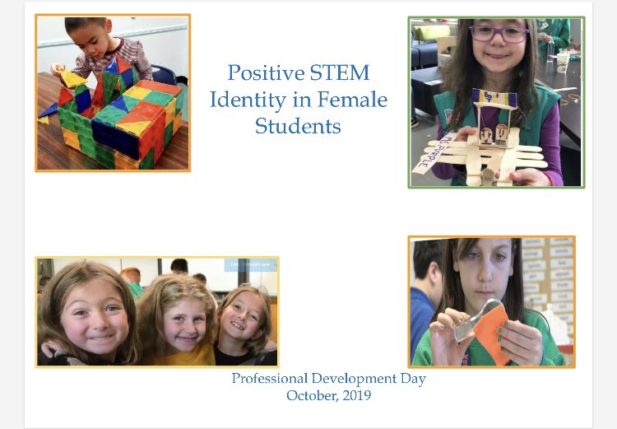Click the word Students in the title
click(297, 127)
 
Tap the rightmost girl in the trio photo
click(242, 317)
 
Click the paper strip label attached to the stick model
click(431, 153)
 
